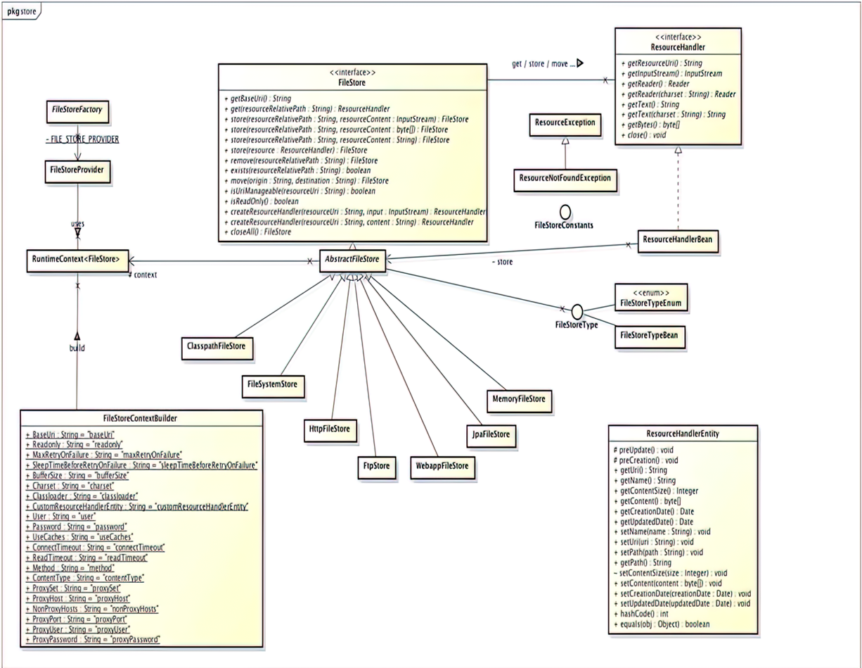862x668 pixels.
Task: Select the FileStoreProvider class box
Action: tap(77, 170)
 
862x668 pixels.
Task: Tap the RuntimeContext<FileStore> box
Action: tap(77, 260)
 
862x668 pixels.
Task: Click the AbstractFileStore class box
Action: tap(352, 259)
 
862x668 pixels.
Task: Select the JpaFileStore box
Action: tap(491, 434)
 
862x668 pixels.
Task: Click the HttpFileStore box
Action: tap(329, 429)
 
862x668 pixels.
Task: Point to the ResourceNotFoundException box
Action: tap(564, 179)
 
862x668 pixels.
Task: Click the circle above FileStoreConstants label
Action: tap(565, 211)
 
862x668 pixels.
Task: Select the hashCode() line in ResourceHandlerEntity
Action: tap(643, 613)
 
